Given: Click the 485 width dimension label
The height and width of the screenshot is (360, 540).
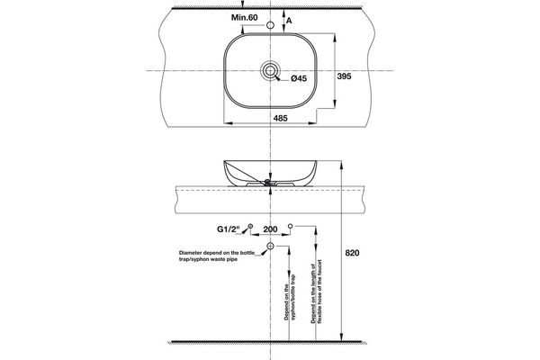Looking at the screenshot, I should coord(269,117).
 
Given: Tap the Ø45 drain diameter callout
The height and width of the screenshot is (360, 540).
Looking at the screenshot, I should coord(300,80).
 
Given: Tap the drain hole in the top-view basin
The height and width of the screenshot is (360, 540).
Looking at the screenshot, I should coord(269,69).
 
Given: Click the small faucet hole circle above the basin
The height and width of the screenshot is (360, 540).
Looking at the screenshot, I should coord(269,26).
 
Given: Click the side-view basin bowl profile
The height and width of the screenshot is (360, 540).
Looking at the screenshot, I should coord(269,171).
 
